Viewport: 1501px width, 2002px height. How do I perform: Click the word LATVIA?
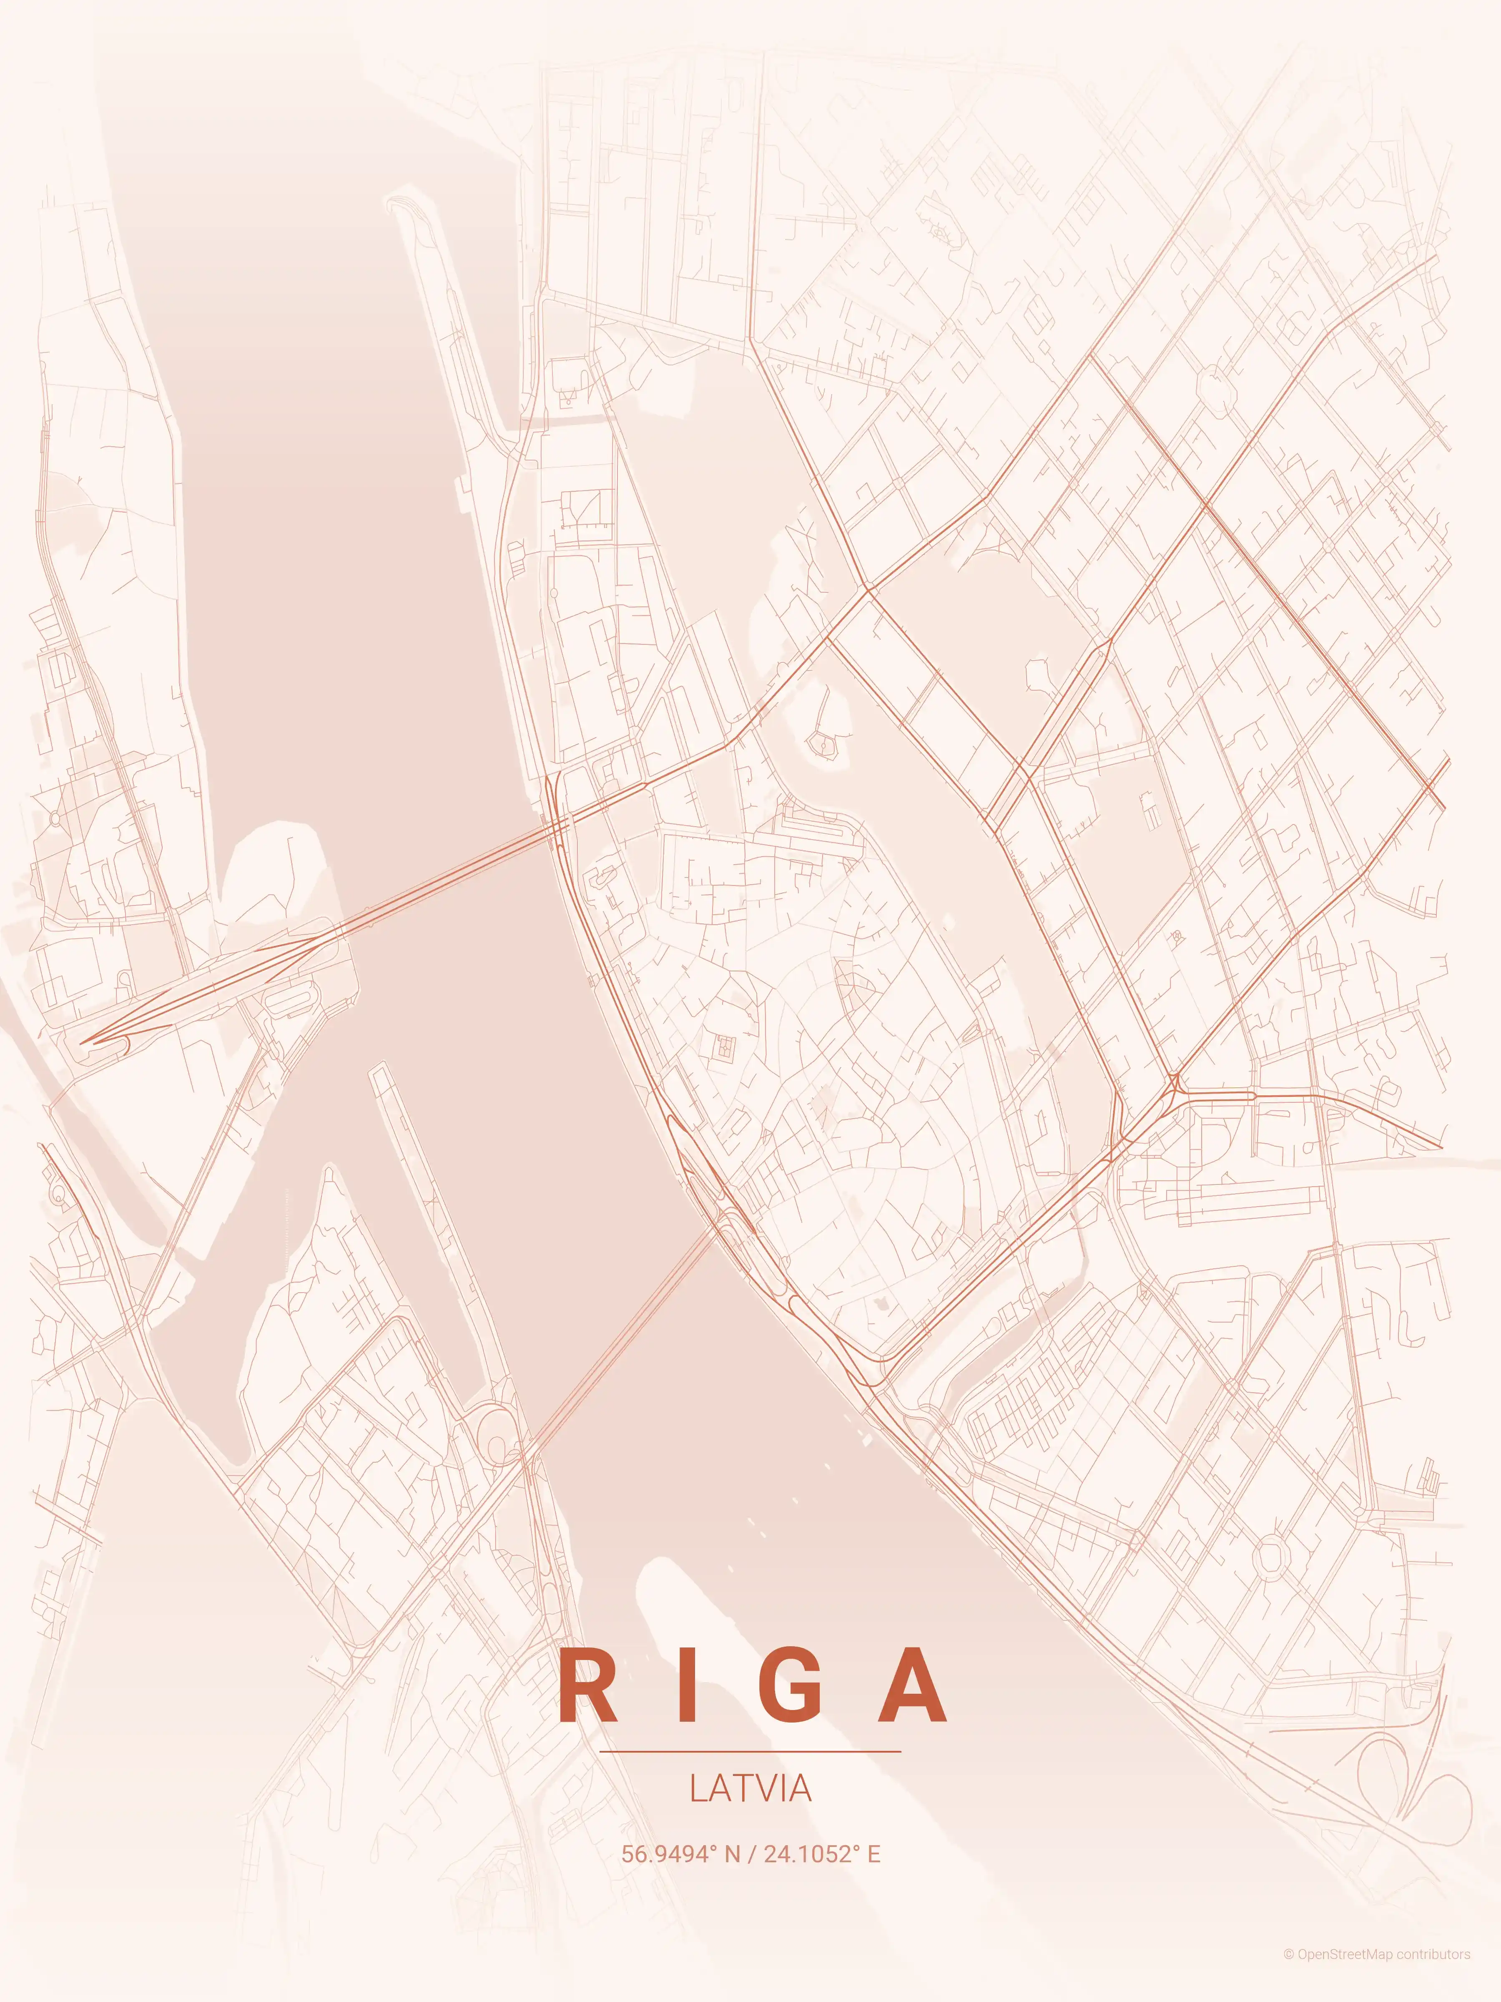(x=750, y=1788)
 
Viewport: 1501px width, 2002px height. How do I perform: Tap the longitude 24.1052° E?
(x=821, y=1854)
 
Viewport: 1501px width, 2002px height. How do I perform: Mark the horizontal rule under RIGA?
(x=750, y=1751)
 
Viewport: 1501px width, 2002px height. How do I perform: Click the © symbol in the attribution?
(x=1288, y=1972)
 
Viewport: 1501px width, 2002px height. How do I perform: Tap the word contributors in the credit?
(x=1433, y=1972)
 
